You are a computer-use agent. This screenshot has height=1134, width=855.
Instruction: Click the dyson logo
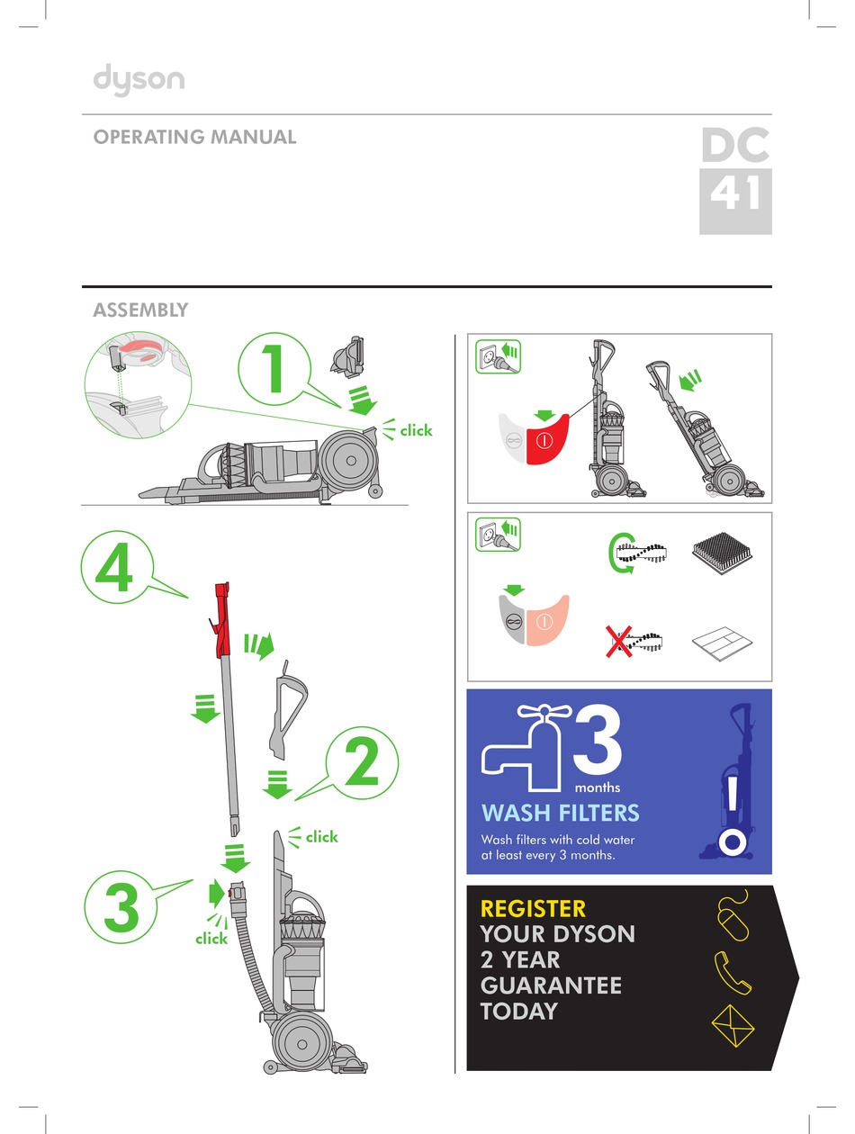tap(139, 80)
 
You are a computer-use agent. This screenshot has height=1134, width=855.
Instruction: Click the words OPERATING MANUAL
tap(194, 137)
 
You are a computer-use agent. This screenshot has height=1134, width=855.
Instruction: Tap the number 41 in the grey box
tap(734, 193)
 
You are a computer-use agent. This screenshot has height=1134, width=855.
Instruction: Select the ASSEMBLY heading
tap(140, 310)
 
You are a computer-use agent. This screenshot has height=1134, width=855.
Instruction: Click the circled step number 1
tap(274, 369)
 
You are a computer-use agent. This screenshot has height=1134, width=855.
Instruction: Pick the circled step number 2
tap(362, 762)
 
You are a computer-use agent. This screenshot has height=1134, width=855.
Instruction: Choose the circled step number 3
tap(121, 907)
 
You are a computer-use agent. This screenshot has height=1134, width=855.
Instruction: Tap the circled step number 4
tap(117, 567)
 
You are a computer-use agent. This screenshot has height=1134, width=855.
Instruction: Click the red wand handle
tap(222, 620)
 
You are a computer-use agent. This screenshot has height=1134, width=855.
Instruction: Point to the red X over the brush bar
tap(619, 642)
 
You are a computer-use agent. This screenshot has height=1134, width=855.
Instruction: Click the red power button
tap(546, 440)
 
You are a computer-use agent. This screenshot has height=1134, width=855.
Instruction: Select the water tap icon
tap(526, 748)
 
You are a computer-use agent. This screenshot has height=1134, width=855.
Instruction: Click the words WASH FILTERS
tap(560, 813)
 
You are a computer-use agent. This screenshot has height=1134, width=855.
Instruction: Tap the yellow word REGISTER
tap(533, 908)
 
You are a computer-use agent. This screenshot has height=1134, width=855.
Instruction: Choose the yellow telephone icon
tap(733, 973)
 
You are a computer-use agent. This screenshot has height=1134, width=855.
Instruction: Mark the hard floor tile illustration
tap(722, 643)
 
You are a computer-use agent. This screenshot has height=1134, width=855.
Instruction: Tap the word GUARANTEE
tap(551, 985)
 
